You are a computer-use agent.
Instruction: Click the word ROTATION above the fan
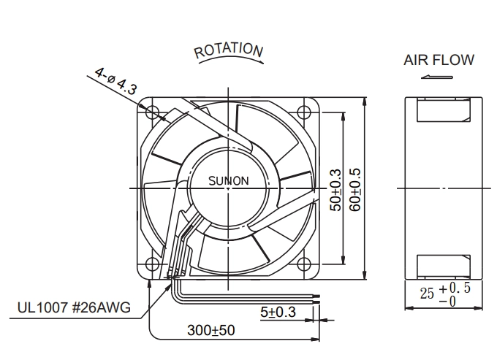(x=229, y=50)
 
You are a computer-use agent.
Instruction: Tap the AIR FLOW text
(x=439, y=60)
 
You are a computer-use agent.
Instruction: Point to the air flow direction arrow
(x=437, y=77)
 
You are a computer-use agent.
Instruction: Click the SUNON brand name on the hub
(x=229, y=181)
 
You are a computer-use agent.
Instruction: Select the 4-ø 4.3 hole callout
(x=116, y=81)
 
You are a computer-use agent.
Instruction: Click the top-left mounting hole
(x=153, y=112)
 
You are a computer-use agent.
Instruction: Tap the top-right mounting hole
(x=304, y=112)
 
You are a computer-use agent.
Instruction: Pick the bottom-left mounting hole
(x=153, y=264)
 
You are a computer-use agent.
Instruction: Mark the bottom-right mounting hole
(x=304, y=264)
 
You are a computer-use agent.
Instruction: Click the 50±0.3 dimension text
(x=336, y=190)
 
